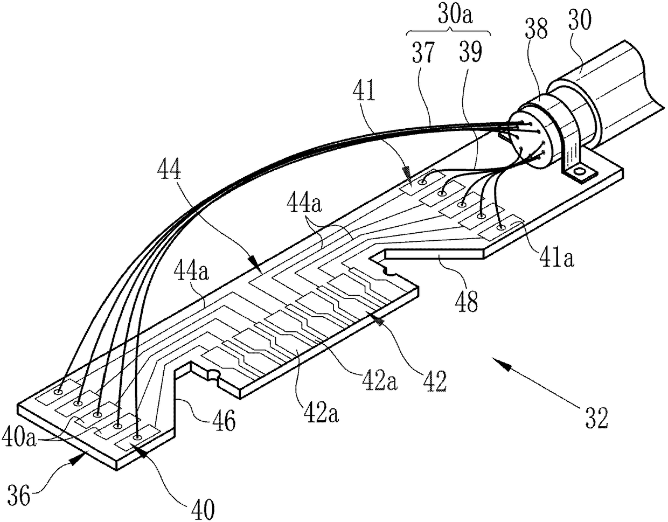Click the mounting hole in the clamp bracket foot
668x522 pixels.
coord(579,172)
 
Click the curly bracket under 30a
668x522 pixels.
coord(448,33)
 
